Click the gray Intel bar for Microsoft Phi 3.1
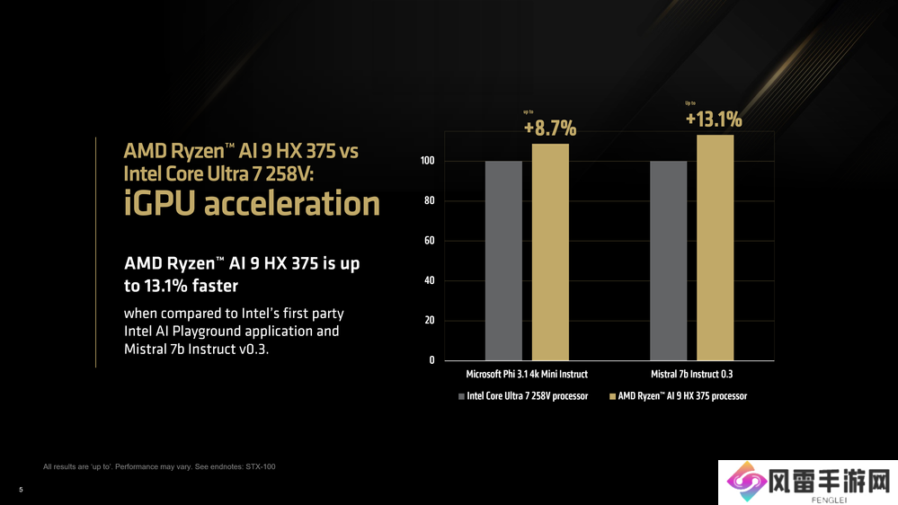(503, 261)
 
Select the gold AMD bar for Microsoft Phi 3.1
(550, 252)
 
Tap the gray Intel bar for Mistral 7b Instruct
(668, 261)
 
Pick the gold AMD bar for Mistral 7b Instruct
(716, 247)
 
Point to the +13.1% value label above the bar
(714, 120)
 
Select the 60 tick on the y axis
(429, 241)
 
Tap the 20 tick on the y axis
(429, 321)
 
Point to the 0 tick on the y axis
(431, 360)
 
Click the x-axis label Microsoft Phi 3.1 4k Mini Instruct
(526, 374)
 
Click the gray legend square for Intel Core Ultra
(461, 396)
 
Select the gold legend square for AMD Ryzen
(612, 396)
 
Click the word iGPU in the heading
(159, 204)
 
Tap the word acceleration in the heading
(292, 204)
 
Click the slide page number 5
(21, 489)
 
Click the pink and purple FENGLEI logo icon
(743, 483)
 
